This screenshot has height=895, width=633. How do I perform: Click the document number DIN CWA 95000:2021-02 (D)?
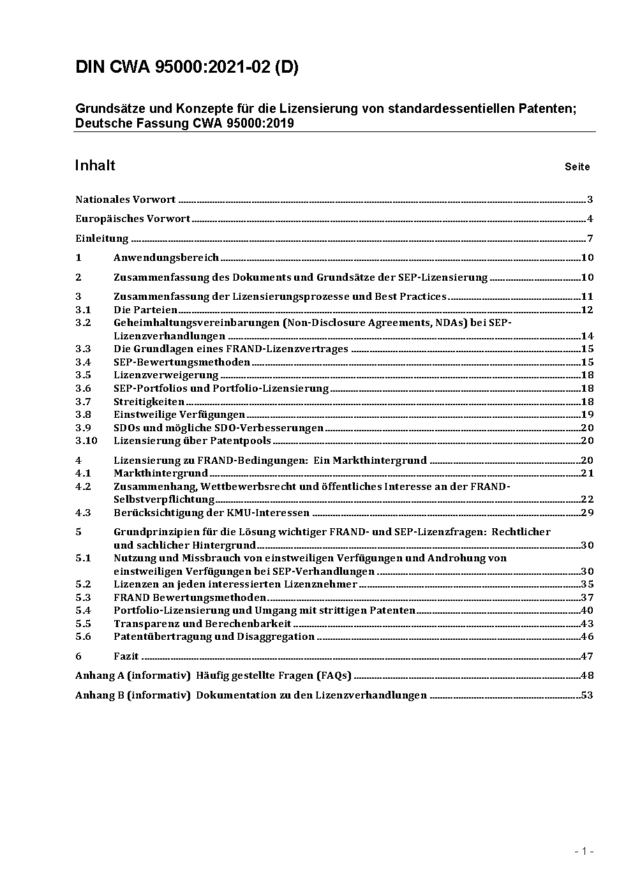tap(186, 68)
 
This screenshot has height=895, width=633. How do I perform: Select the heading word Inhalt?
tap(95, 166)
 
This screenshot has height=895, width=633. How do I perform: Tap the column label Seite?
tap(577, 167)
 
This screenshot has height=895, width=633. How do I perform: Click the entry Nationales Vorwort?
tap(125, 200)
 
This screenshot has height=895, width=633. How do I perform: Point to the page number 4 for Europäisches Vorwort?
tap(590, 219)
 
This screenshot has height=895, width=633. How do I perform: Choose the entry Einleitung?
tap(102, 239)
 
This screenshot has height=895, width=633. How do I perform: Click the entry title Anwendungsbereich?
tap(166, 258)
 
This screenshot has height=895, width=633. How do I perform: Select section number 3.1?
tap(83, 310)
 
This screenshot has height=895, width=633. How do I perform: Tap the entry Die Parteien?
tap(145, 310)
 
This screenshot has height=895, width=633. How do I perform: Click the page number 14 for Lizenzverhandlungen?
tap(587, 336)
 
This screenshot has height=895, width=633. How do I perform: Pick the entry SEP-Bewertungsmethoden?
tap(182, 362)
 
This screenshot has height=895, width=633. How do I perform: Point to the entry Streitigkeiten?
tap(149, 402)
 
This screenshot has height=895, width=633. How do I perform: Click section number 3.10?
tap(86, 441)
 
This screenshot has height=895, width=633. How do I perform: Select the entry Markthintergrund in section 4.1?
tap(161, 473)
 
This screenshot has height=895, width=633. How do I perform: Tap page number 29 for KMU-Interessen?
tap(587, 513)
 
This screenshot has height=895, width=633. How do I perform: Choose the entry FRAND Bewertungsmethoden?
tap(190, 598)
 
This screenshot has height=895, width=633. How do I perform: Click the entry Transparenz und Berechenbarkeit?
tap(202, 624)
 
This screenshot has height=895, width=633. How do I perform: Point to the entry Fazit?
tap(126, 656)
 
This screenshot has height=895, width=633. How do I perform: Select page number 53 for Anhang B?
tap(587, 695)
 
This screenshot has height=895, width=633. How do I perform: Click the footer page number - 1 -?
tap(584, 851)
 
